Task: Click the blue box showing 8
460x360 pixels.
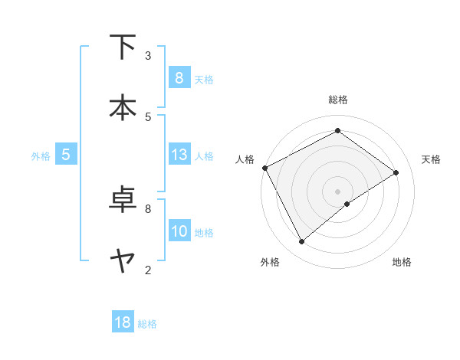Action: coord(179,78)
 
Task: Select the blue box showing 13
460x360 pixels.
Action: coord(179,155)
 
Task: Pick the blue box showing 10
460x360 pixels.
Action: coord(179,231)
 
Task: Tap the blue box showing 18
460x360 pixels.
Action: coord(123,322)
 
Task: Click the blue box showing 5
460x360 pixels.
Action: coord(66,155)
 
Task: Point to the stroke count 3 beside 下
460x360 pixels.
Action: coord(148,55)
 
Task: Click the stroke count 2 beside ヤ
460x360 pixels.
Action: coord(148,270)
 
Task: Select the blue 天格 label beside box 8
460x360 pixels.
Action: coord(204,79)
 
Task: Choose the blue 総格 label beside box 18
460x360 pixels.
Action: coord(147,324)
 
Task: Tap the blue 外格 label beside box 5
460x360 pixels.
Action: coord(41,155)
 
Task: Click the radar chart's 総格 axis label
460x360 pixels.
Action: coord(338,100)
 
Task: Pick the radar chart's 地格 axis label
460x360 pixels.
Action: coord(402,262)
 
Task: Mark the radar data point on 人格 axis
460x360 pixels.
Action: coord(264,168)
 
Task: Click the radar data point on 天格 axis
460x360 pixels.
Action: coord(396,172)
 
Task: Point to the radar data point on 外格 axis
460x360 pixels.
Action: coord(301,242)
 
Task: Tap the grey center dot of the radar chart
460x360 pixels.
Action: coord(338,191)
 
